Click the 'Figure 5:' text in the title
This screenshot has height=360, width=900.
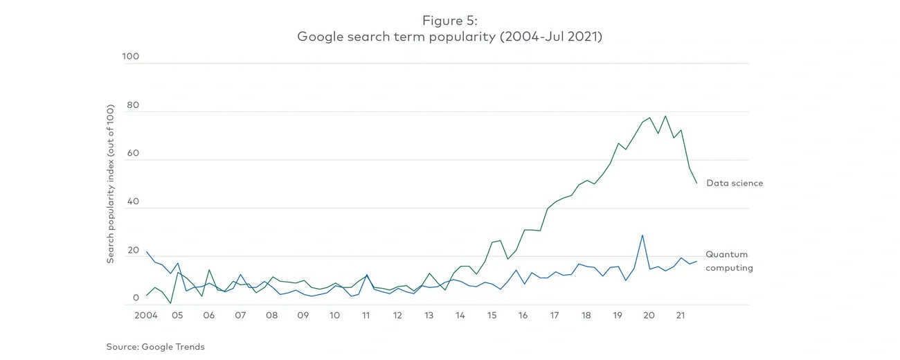coord(449,21)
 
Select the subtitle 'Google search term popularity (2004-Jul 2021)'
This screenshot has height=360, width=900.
coord(449,37)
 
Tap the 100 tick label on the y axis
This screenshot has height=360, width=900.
coord(130,57)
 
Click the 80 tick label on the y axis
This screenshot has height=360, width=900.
coord(132,105)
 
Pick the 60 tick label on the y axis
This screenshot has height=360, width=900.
coord(132,154)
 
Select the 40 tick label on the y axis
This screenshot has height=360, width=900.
coord(132,201)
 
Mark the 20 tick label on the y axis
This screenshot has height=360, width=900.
coord(132,250)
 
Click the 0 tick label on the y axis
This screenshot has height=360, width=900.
coord(136,298)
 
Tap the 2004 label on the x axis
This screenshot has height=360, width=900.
coord(146,315)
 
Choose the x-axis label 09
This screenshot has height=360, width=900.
coord(303,315)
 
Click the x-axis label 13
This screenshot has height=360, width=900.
coord(429,315)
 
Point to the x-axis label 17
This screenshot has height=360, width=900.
coord(555,315)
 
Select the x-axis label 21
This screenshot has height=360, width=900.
coord(680,315)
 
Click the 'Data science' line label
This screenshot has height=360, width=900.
coord(735,183)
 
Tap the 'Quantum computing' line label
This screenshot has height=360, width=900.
coord(728,261)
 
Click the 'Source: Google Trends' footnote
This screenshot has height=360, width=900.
coord(155,347)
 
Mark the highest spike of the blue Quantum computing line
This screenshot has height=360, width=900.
coord(642,235)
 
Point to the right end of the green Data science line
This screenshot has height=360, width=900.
coord(696,183)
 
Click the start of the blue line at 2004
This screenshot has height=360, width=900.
coord(147,252)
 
